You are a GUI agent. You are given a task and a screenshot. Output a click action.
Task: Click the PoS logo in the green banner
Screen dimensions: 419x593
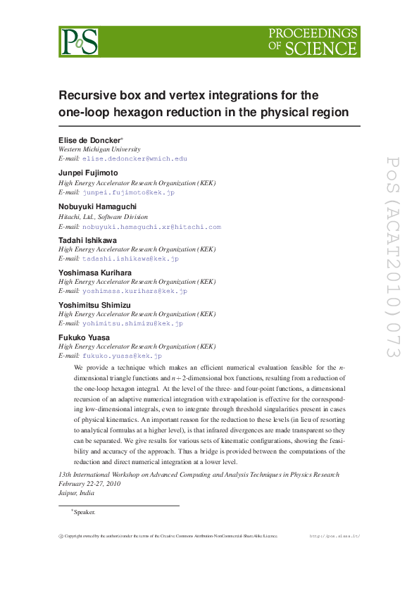[79, 42]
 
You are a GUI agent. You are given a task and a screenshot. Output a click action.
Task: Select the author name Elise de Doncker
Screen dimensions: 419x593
[89, 140]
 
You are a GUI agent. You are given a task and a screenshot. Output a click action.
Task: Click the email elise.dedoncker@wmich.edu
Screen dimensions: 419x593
[135, 159]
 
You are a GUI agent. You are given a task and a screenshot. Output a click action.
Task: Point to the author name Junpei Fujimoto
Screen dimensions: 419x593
[87, 173]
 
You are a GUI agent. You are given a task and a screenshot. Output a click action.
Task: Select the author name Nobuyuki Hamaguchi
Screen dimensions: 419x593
[98, 206]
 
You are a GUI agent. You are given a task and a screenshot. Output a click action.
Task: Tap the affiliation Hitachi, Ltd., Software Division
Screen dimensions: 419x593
[103, 217]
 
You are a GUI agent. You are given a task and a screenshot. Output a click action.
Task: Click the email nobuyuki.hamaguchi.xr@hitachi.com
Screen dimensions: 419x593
[151, 227]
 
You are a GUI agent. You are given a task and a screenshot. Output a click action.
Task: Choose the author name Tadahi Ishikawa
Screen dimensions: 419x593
[88, 240]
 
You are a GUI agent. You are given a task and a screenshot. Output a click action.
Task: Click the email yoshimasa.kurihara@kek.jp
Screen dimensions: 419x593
[135, 291]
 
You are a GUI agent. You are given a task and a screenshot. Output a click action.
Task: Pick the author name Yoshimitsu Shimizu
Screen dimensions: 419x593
[94, 304]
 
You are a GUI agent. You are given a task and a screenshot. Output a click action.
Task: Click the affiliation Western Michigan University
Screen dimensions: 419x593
[99, 149]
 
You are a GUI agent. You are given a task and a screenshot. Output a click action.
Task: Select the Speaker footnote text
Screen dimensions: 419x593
[84, 512]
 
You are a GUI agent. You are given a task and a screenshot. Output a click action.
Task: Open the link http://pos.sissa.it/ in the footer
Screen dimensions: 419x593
[335, 537]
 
